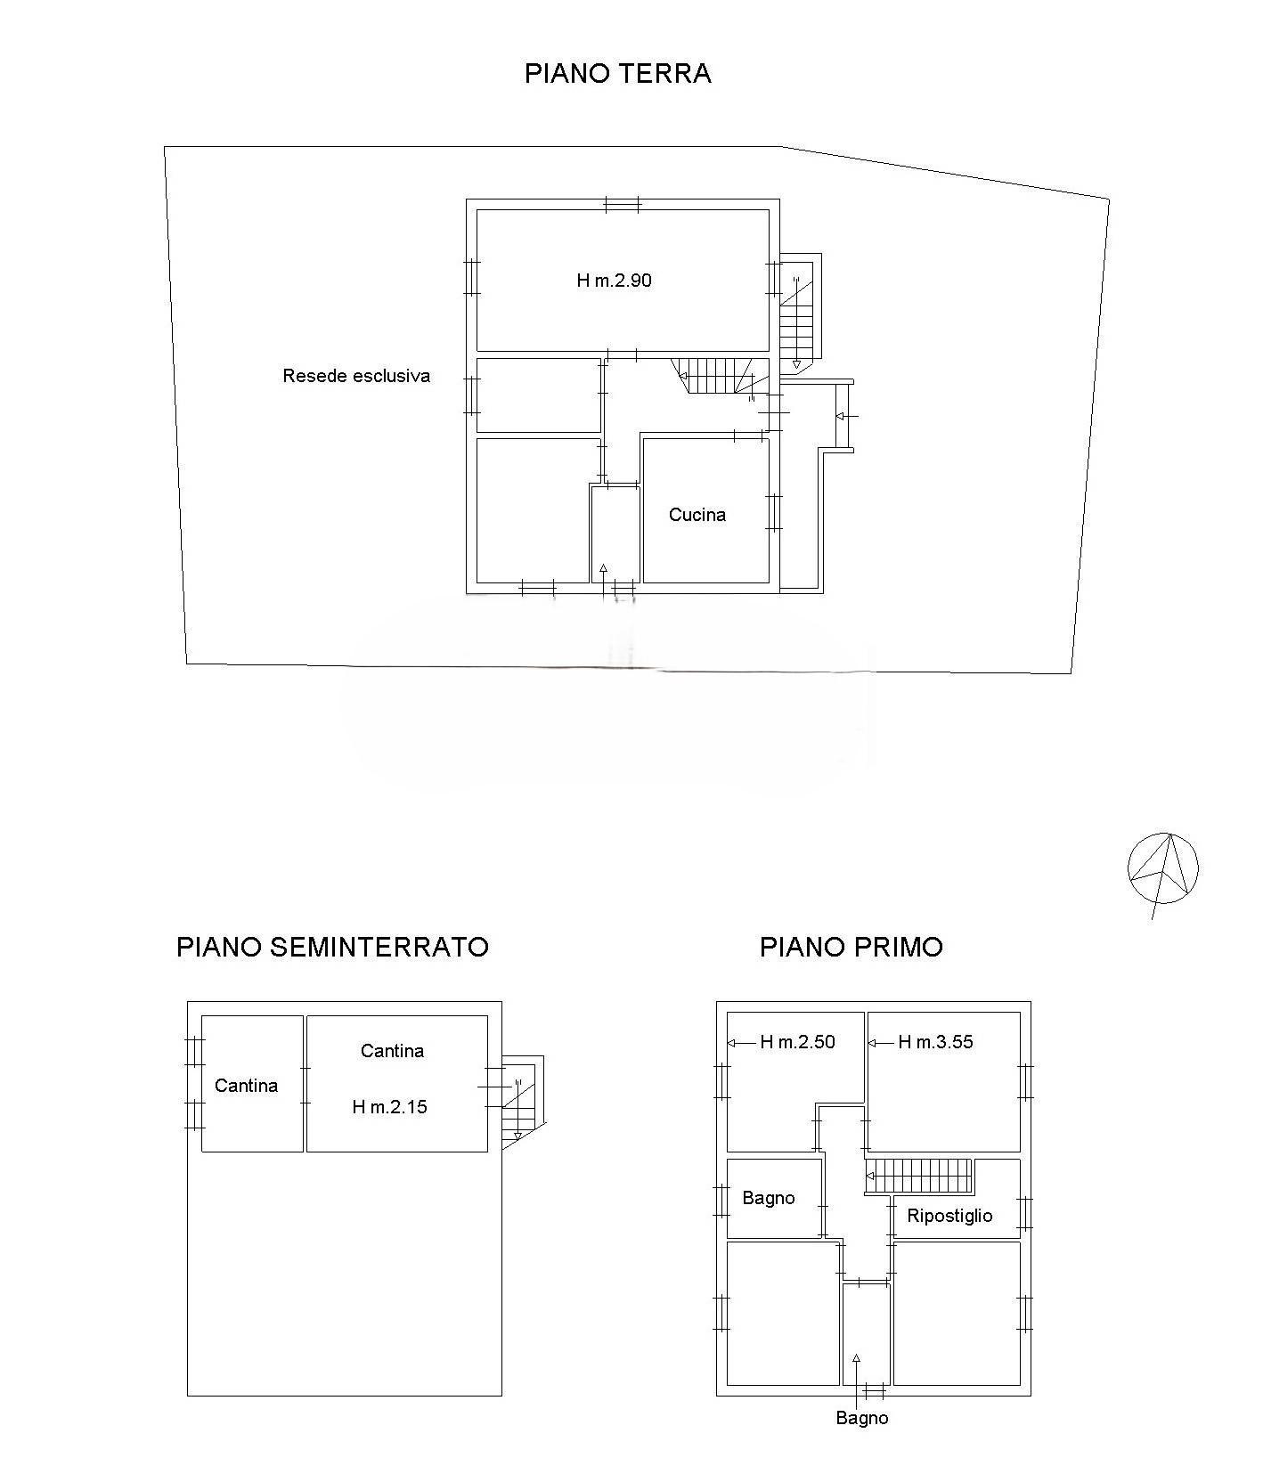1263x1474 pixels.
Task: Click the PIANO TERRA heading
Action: coord(617,73)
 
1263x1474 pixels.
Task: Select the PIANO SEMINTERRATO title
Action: coord(332,946)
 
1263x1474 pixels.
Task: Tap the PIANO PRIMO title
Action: coord(851,946)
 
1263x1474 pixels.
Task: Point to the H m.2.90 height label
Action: coord(614,281)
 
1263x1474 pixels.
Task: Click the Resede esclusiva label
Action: coord(356,376)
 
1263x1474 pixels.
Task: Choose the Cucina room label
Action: coord(697,515)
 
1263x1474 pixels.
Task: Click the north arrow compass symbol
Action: coord(1162,869)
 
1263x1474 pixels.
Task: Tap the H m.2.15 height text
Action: coord(389,1107)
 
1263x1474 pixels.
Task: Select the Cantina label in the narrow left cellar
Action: coord(246,1086)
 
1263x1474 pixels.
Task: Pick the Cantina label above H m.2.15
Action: coord(392,1051)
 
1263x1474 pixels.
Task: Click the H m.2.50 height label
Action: coord(797,1042)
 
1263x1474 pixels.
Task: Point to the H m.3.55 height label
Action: coord(935,1042)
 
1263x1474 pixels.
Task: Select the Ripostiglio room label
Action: coord(949,1216)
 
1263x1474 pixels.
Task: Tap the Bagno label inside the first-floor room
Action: coord(768,1198)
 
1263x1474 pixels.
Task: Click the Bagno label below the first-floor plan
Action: coord(861,1418)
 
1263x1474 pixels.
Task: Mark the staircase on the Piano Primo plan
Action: coord(918,1177)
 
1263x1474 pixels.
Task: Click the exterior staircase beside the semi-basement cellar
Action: coord(522,1102)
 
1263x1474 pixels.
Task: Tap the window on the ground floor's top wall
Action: coord(622,205)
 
